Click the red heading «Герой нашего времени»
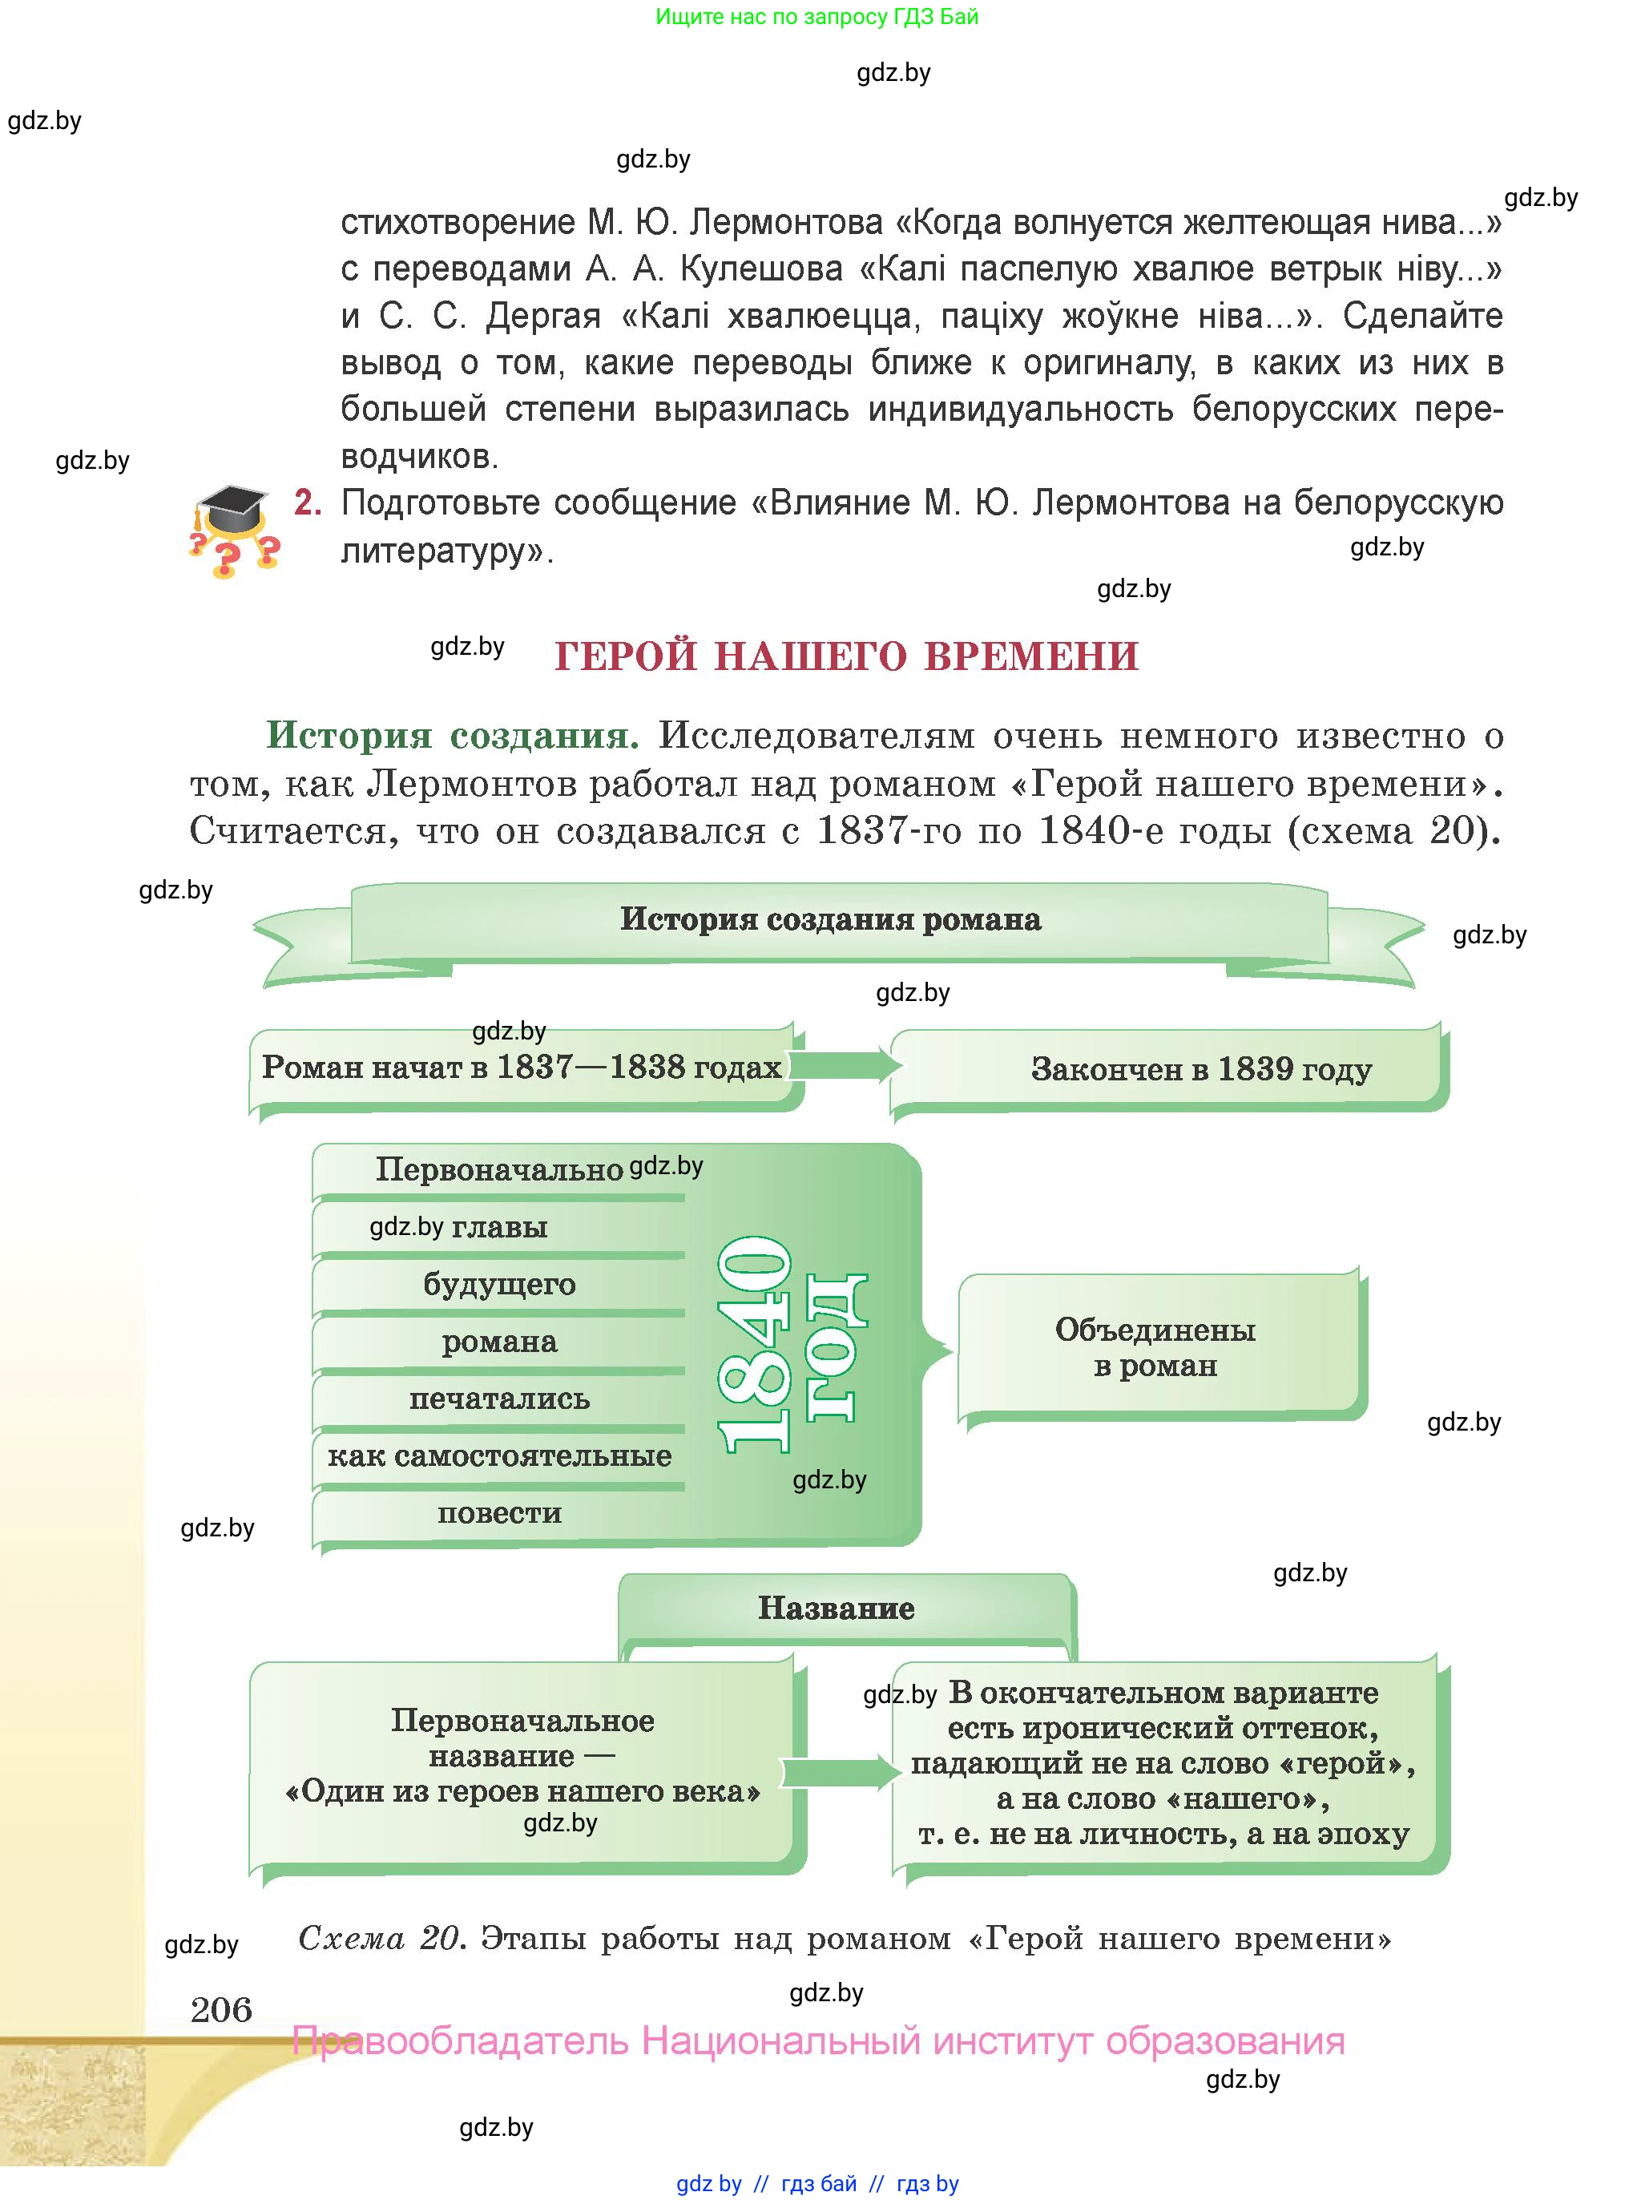point(846,656)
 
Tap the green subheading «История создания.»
point(452,735)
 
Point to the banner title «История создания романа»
point(830,918)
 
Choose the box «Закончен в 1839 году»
point(1200,1069)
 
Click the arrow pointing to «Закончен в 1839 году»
point(845,1064)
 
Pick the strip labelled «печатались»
point(498,1399)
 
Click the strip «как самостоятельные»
point(498,1455)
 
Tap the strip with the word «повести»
point(498,1513)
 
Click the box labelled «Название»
point(837,1608)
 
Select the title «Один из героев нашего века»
point(522,1790)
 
